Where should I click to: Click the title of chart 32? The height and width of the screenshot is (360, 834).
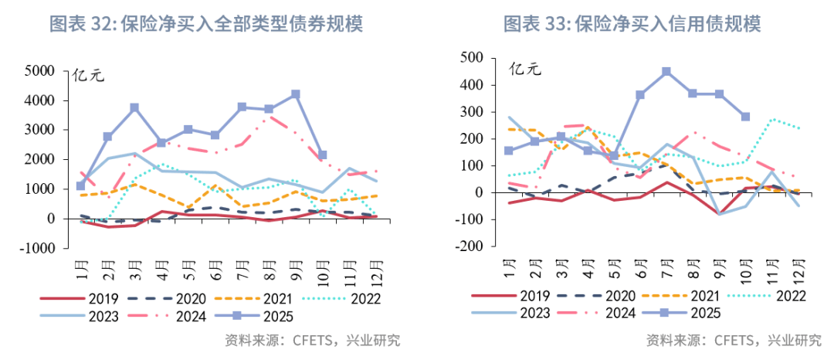coord(206,24)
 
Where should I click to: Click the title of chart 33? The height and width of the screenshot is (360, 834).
coord(632,24)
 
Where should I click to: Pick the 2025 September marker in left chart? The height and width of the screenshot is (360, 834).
coord(295,94)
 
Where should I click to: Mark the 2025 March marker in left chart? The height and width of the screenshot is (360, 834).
coord(134,107)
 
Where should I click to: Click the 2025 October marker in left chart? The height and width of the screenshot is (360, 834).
coord(322,155)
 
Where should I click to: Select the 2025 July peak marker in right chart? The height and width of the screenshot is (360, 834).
coord(666,71)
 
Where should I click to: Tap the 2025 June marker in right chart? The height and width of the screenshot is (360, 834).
coord(640,95)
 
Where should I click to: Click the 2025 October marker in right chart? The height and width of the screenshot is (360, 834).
coord(745,117)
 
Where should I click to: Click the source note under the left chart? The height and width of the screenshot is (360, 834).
coord(312,341)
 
